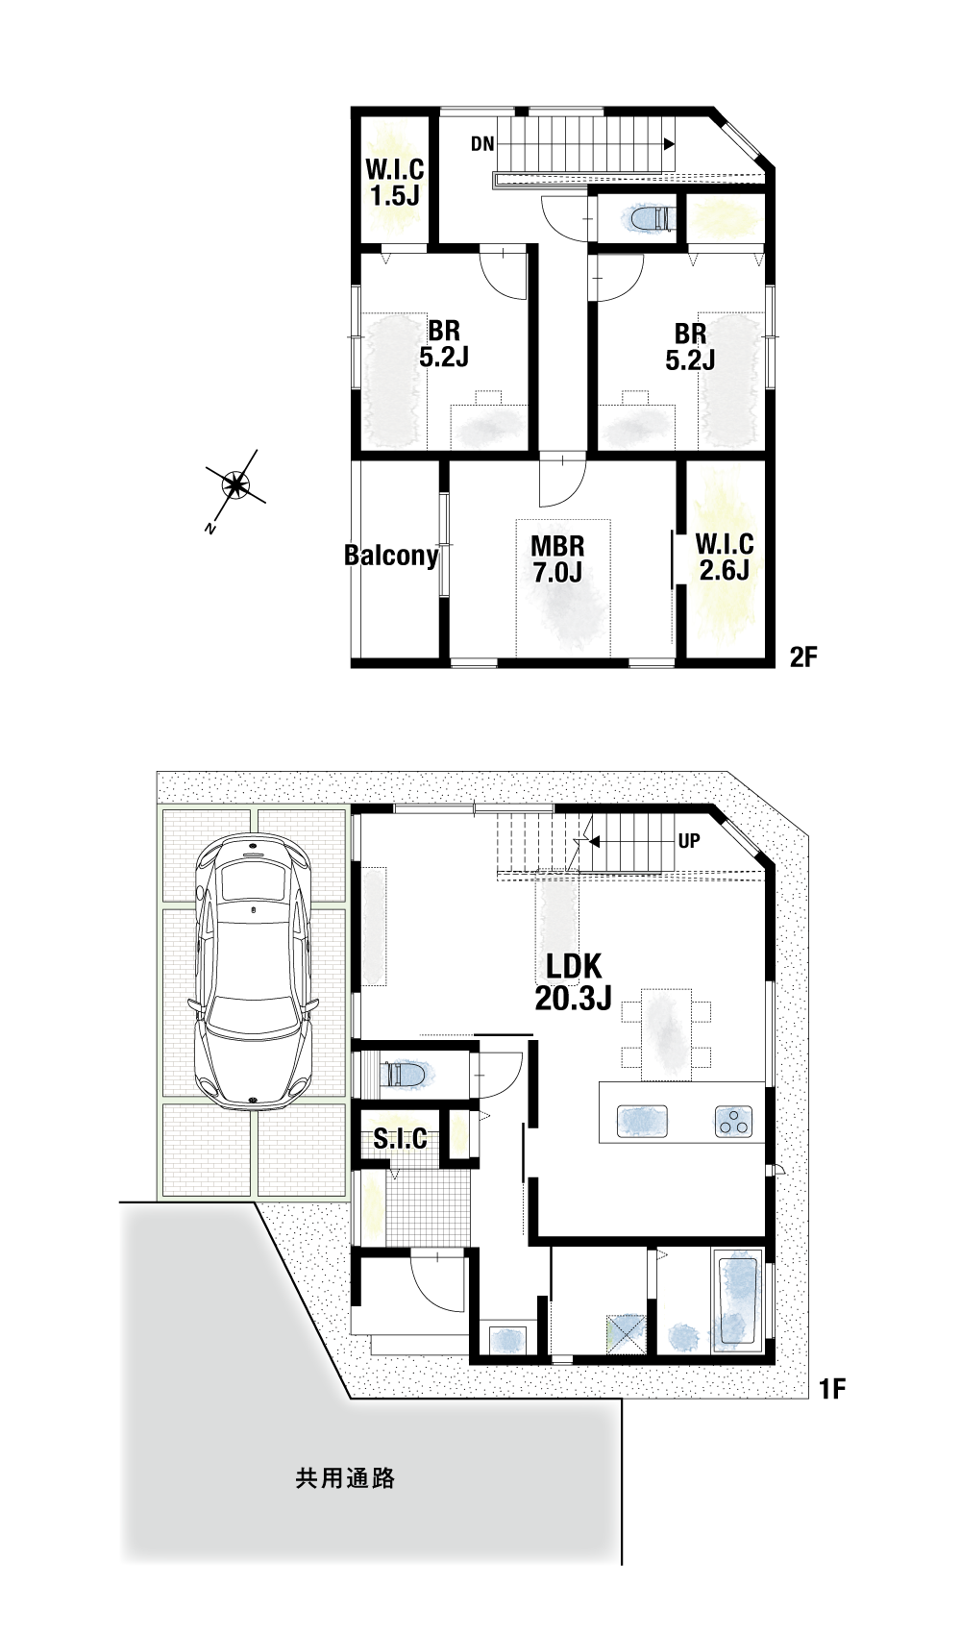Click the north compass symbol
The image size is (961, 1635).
tap(234, 484)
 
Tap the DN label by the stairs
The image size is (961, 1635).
tap(482, 144)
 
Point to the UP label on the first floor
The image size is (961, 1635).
tap(689, 841)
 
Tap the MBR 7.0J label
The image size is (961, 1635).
tap(557, 559)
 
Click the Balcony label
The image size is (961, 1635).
tap(391, 556)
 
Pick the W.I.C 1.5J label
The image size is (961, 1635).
tap(395, 183)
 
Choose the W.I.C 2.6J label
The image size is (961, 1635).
tap(725, 557)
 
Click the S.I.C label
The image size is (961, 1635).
tap(400, 1139)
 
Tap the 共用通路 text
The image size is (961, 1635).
tap(345, 1478)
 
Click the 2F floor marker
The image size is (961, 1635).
tap(803, 657)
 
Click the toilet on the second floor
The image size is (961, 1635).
tap(648, 218)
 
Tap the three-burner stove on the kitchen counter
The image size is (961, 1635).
tap(733, 1121)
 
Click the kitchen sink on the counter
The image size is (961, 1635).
tap(642, 1121)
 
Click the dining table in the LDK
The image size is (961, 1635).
tap(666, 1034)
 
